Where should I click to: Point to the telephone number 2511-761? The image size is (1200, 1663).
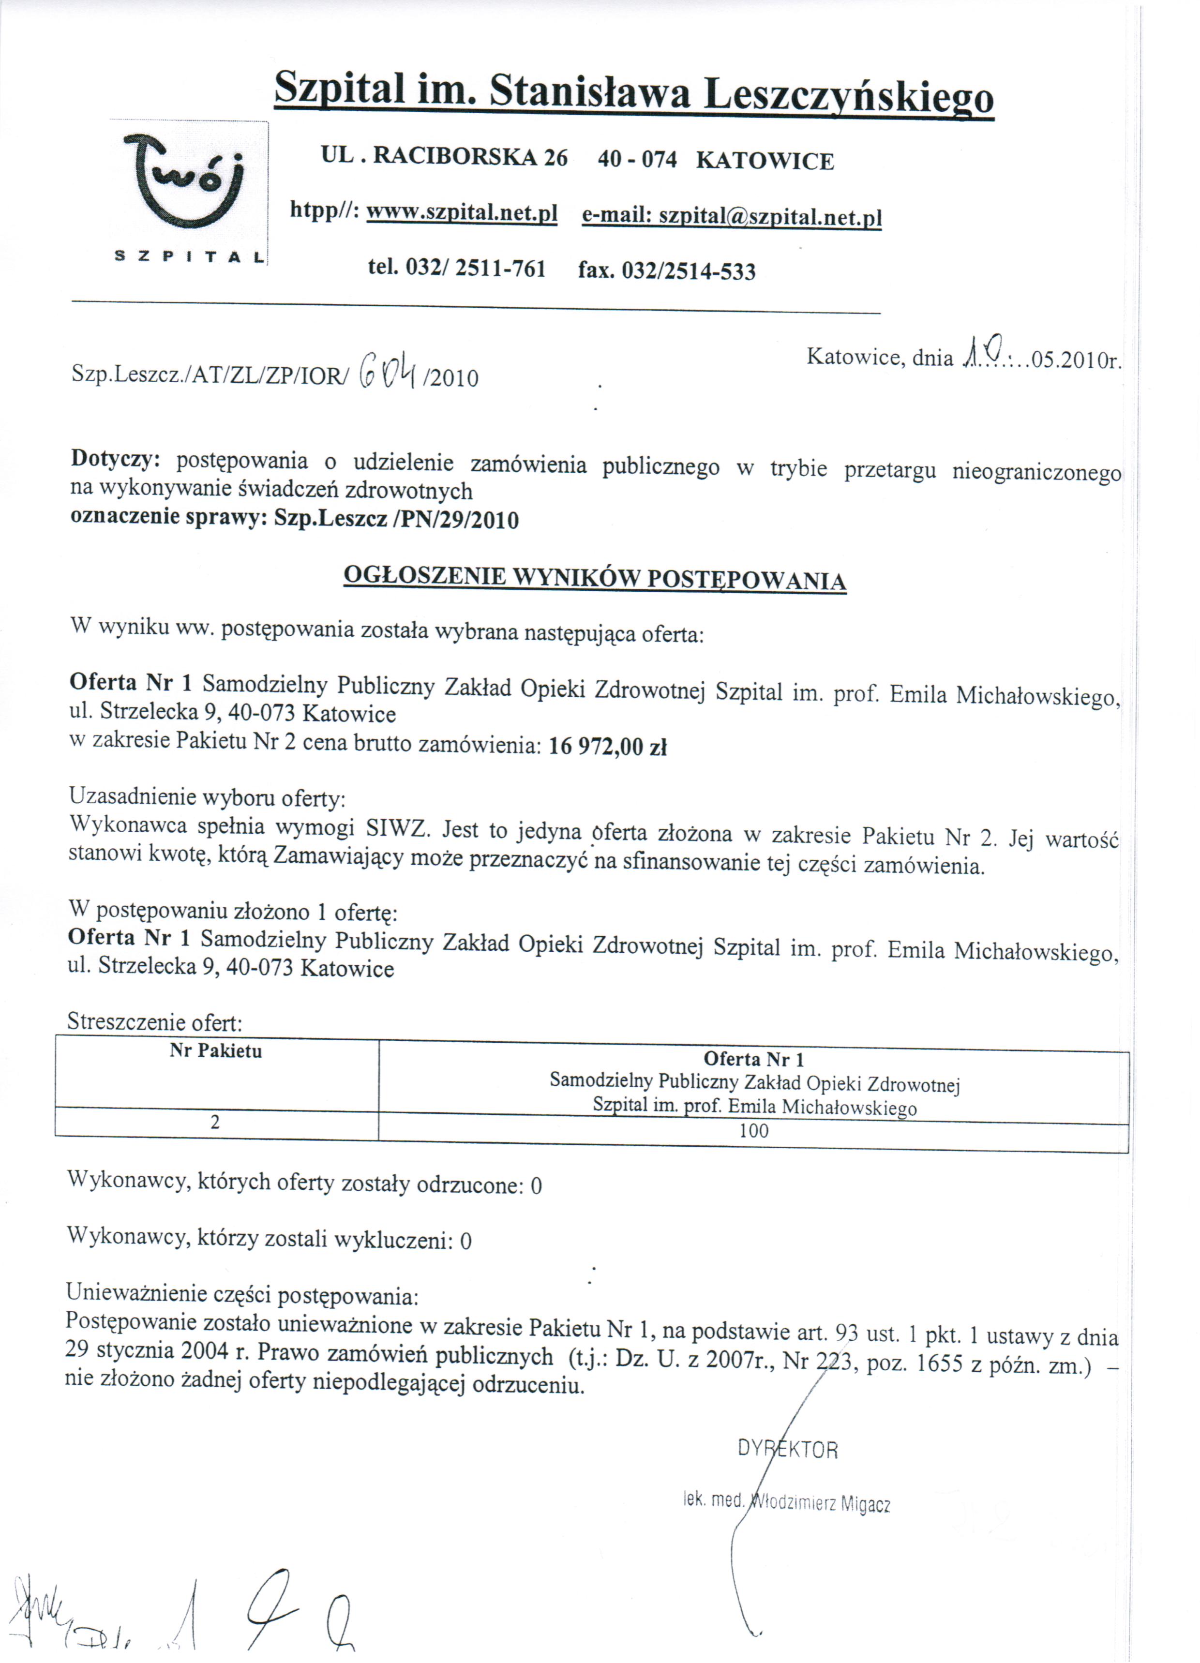tap(500, 269)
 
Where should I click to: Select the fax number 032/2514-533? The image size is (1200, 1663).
tap(688, 271)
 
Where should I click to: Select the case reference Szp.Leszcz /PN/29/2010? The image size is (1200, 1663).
tap(396, 520)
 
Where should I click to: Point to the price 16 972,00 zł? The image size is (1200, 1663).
tap(607, 747)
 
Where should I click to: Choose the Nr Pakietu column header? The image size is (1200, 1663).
tap(216, 1051)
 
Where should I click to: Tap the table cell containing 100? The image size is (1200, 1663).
tap(753, 1131)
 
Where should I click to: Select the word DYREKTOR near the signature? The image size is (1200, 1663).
tap(787, 1450)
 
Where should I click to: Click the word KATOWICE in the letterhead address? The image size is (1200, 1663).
tap(765, 161)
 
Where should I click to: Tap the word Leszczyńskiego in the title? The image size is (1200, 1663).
tap(848, 96)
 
